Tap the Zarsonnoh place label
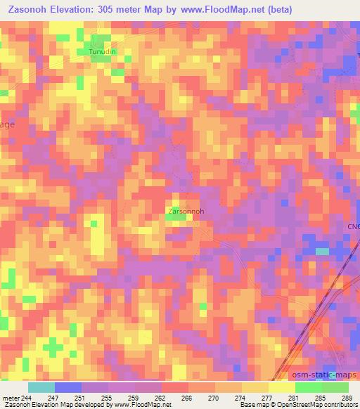pyautogui.click(x=186, y=210)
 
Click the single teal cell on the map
pyautogui.click(x=322, y=251)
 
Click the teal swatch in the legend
pyautogui.click(x=41, y=387)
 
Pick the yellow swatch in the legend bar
pyautogui.click(x=281, y=387)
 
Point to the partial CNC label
pyautogui.click(x=353, y=226)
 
